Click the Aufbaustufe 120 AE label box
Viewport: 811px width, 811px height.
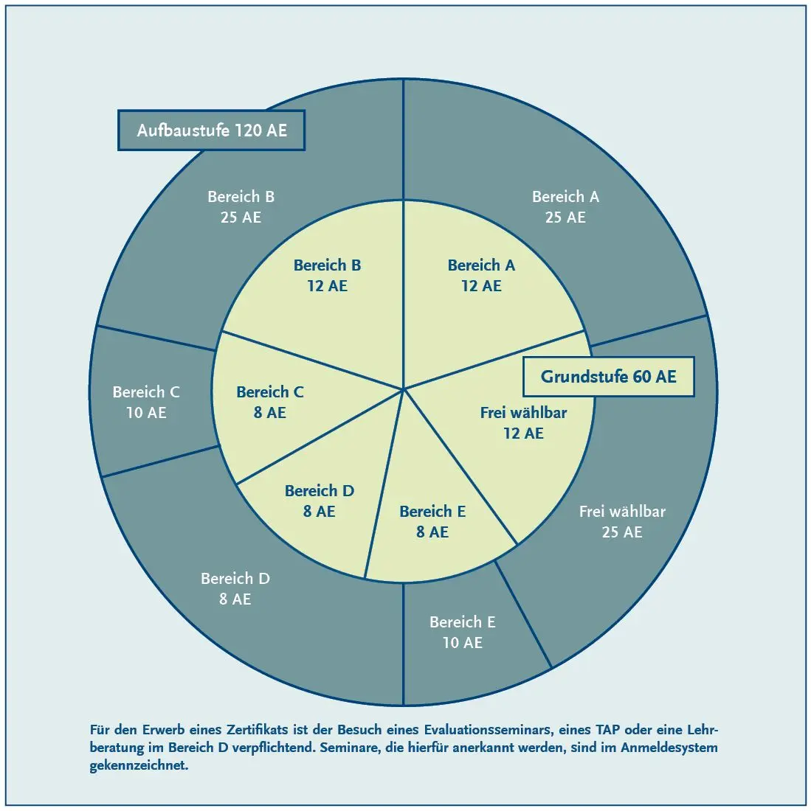[x=211, y=130]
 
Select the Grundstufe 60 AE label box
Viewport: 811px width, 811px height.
[x=608, y=377]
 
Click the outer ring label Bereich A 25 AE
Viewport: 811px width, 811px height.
[x=565, y=207]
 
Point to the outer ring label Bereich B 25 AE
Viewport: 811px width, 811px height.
[x=241, y=207]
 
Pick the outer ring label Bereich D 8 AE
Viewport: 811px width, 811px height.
[x=235, y=588]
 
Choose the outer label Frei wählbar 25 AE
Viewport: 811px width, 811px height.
[x=622, y=522]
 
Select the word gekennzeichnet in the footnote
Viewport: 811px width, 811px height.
[x=139, y=765]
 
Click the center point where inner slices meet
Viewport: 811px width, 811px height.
[x=404, y=389]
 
